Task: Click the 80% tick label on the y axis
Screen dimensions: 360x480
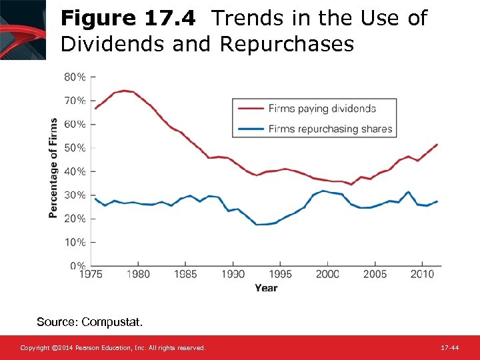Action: coord(75,77)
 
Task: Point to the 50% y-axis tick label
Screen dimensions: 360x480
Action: coord(75,148)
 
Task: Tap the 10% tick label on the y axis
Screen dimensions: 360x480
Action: coord(75,243)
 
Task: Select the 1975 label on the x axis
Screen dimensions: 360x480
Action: coord(91,274)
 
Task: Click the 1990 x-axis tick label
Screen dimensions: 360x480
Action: coord(233,274)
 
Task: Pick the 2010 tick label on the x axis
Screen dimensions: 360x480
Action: coord(421,274)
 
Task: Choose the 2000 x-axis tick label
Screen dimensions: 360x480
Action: coord(327,274)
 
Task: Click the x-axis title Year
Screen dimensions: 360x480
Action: coord(266,288)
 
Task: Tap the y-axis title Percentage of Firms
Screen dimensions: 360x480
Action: coord(53,168)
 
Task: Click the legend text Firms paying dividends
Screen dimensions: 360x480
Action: coord(322,109)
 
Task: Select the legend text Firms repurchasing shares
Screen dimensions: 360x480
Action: coord(330,129)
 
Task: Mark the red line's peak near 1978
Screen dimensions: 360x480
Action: coord(124,91)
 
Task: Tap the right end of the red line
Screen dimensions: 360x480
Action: coord(437,144)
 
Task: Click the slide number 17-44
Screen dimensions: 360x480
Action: coord(449,348)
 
